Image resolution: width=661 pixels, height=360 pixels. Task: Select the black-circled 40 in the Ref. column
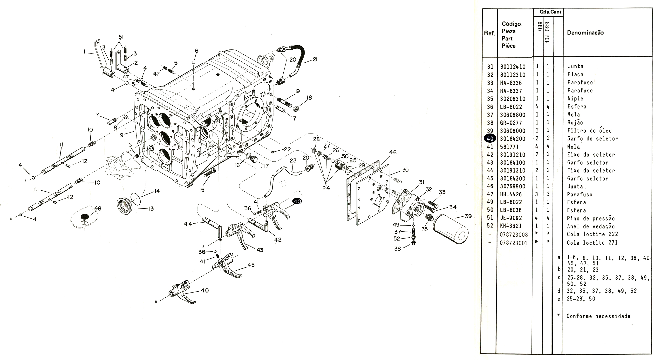(490, 139)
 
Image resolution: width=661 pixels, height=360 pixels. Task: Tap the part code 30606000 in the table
(512, 131)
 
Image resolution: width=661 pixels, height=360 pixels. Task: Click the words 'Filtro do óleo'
(589, 131)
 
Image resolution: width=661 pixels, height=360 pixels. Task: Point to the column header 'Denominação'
(585, 33)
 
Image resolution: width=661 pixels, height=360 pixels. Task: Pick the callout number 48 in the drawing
(98, 208)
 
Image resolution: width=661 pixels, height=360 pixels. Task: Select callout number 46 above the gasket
(393, 152)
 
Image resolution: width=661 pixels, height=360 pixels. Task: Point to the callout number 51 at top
(121, 37)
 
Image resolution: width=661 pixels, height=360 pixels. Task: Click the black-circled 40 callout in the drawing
(297, 201)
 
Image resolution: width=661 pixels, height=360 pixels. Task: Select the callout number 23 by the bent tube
(293, 160)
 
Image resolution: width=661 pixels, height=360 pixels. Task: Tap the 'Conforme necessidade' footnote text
(598, 316)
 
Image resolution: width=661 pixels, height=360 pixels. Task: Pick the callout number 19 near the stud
(297, 91)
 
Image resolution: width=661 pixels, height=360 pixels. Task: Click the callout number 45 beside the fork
(251, 265)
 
